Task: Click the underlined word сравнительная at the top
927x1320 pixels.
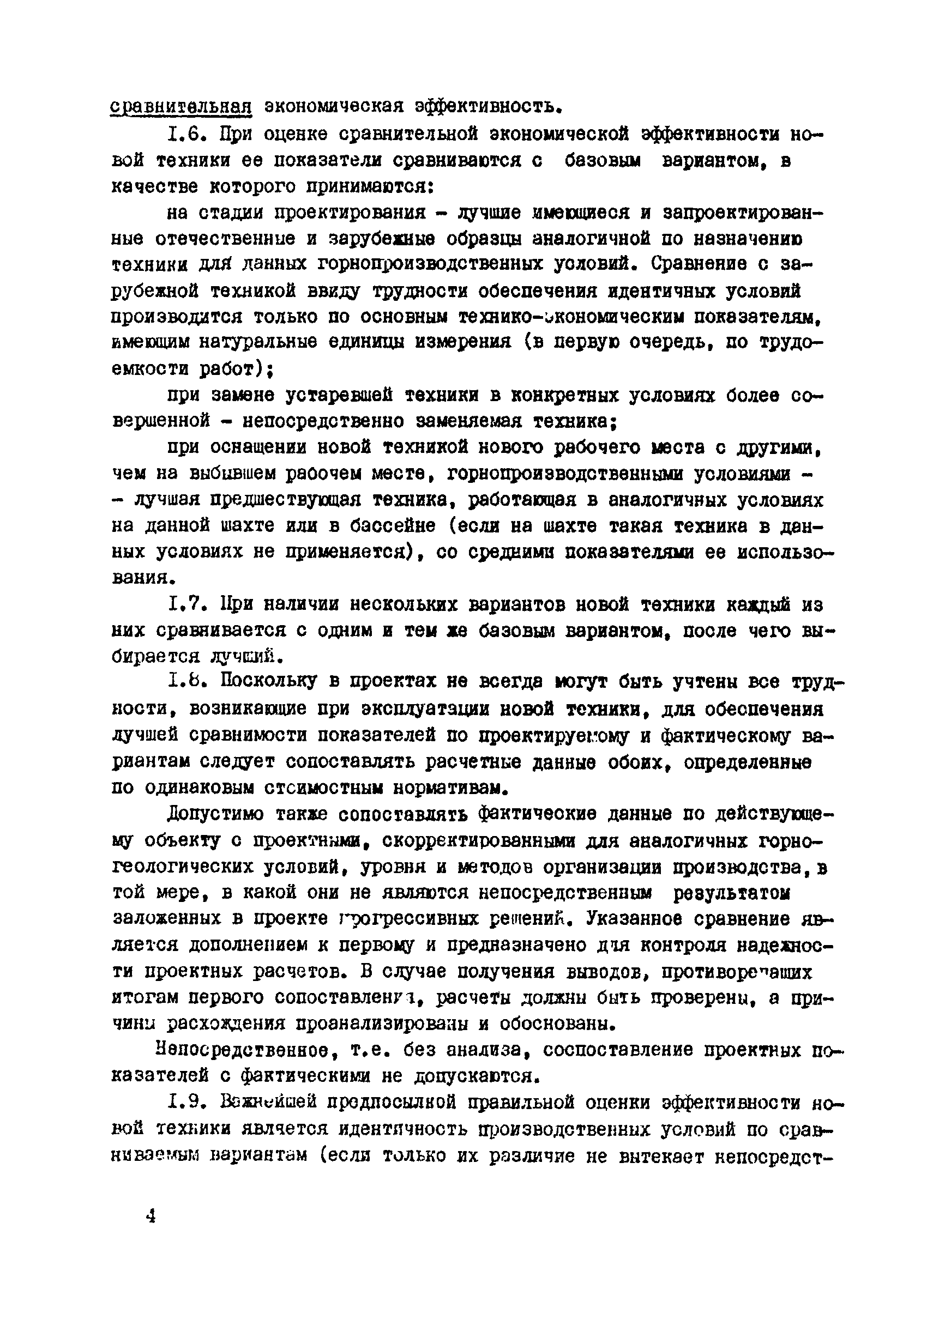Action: click(181, 106)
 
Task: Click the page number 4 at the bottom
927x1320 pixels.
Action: click(151, 1216)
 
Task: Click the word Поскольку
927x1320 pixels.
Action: click(268, 682)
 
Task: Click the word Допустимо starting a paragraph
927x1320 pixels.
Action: click(215, 814)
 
